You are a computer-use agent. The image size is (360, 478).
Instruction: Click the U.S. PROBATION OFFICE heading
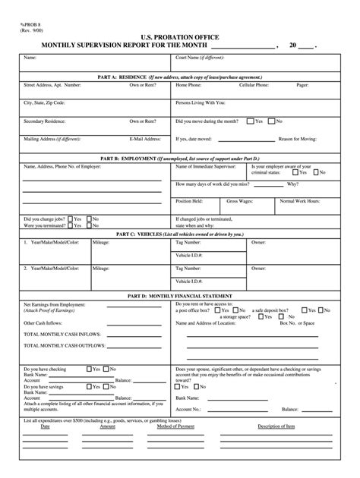click(x=180, y=36)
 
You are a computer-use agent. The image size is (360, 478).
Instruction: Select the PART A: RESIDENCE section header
click(x=180, y=77)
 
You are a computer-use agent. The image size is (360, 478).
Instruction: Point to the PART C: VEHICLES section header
click(x=180, y=234)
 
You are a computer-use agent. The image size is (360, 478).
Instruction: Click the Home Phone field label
click(x=188, y=86)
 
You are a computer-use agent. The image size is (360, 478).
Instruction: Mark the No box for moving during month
click(x=270, y=121)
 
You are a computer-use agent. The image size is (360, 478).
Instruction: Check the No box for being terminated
click(x=88, y=225)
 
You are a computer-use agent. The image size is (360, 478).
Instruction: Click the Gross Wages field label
click(x=240, y=201)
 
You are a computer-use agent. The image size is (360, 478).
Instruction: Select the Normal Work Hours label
click(x=300, y=201)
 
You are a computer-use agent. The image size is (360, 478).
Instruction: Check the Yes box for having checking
click(x=88, y=368)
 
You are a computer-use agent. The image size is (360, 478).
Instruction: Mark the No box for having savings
click(x=108, y=385)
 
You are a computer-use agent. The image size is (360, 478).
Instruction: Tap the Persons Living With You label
click(x=201, y=102)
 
